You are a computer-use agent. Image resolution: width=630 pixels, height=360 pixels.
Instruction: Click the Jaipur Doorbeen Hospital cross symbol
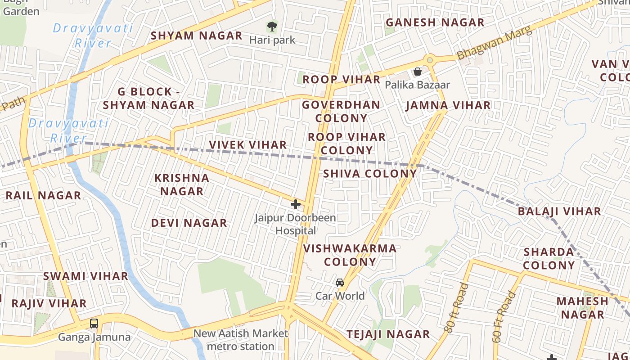(x=296, y=204)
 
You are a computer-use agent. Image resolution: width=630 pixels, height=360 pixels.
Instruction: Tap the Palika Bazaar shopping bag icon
(x=418, y=72)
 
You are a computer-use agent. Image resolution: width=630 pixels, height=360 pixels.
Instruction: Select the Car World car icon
(x=340, y=283)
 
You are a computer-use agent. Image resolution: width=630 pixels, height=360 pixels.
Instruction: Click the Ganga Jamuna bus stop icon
(x=94, y=323)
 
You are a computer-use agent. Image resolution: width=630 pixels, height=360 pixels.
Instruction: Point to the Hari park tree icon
(x=272, y=26)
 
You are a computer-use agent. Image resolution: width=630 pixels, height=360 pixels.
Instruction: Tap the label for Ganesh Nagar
(x=435, y=22)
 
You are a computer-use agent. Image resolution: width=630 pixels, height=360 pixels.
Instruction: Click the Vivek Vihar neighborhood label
(x=248, y=145)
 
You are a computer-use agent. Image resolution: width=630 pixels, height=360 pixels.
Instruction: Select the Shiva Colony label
(x=370, y=174)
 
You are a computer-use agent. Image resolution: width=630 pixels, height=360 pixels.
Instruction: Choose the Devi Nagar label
(x=189, y=223)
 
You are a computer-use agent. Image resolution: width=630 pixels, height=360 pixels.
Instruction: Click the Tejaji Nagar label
(x=388, y=334)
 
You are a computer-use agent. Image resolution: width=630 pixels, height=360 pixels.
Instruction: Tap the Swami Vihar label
(x=85, y=276)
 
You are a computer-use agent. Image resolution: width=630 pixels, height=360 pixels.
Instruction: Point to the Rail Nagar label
(x=43, y=196)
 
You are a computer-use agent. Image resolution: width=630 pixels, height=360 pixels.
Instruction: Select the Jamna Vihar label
(x=448, y=106)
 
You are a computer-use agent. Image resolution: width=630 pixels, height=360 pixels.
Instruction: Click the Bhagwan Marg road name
(x=494, y=42)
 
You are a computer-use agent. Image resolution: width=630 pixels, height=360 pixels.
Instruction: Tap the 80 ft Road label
(x=456, y=308)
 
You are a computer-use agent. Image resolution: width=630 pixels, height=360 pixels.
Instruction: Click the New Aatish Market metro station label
(x=241, y=340)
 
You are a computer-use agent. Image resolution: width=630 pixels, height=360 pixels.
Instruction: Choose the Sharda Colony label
(x=549, y=259)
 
